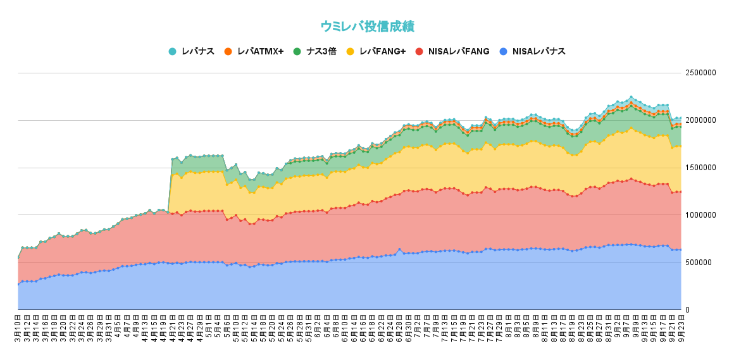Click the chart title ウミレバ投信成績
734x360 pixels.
click(367, 27)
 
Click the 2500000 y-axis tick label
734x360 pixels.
click(700, 73)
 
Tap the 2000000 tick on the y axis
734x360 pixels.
click(700, 120)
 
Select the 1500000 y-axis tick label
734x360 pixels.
click(700, 168)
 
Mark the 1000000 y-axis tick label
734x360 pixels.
click(700, 215)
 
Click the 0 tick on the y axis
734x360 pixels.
click(688, 310)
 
